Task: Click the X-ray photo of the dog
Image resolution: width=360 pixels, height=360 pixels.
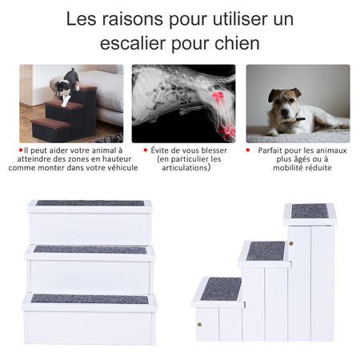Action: (x=183, y=102)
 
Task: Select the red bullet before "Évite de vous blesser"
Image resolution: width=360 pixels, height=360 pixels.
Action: (x=144, y=150)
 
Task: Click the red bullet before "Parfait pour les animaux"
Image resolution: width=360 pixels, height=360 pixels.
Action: (x=248, y=150)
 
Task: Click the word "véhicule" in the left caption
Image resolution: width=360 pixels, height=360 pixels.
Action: (x=118, y=168)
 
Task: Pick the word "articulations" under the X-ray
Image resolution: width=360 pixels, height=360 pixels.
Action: (x=183, y=168)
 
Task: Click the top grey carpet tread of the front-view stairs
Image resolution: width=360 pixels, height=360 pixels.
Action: (x=89, y=203)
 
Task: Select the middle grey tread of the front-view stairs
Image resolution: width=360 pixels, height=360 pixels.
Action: (x=89, y=249)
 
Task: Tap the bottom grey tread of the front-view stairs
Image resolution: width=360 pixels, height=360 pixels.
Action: (x=89, y=298)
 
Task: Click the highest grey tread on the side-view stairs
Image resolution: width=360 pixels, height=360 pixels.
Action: (x=309, y=211)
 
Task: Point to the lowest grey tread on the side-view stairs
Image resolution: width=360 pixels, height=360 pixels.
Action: (x=220, y=288)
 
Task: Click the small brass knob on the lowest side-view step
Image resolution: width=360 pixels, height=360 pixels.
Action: (x=198, y=324)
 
